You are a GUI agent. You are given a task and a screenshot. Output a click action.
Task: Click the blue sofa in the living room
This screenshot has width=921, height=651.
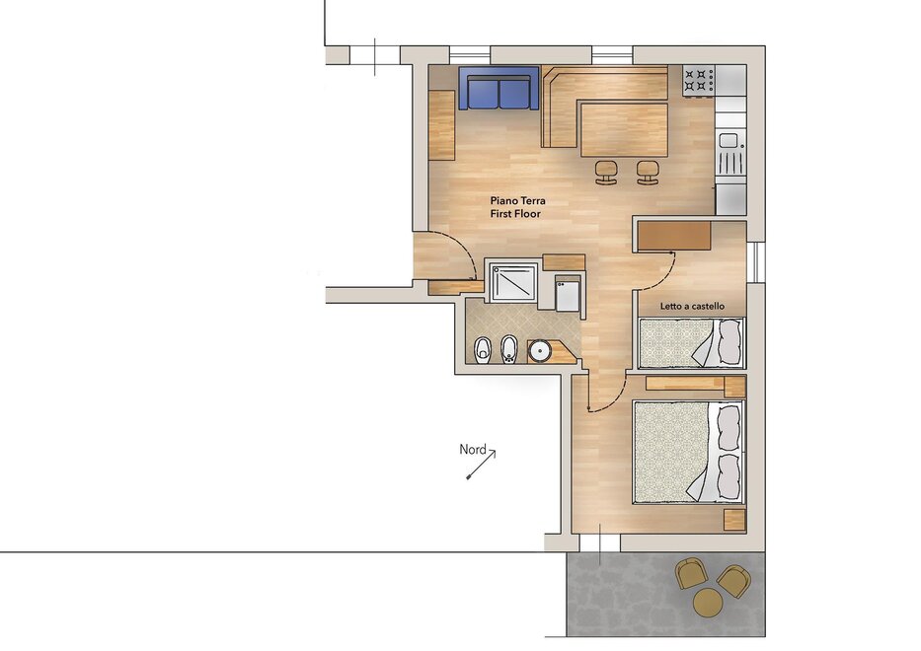[x=499, y=88]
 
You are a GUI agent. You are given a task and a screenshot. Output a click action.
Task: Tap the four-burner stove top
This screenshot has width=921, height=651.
[x=698, y=81]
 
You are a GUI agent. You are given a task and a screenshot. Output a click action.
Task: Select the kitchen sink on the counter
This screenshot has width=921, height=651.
[x=729, y=153]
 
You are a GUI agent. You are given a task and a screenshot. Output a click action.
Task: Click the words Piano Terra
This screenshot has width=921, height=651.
[x=517, y=201]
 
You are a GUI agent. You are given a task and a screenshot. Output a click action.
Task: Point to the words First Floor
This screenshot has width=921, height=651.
[x=515, y=214]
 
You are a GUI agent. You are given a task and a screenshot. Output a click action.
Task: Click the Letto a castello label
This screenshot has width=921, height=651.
[x=692, y=306]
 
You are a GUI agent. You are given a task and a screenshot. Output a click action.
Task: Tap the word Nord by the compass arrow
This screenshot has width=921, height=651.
[x=472, y=450]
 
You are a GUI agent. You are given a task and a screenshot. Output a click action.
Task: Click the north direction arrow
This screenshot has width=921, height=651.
[x=481, y=465]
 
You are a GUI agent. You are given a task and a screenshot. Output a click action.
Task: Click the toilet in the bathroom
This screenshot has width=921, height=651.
[x=483, y=349]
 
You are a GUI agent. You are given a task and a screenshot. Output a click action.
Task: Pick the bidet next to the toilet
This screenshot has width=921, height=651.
[x=508, y=350]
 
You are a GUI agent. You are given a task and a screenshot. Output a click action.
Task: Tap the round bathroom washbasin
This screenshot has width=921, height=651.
[x=539, y=351]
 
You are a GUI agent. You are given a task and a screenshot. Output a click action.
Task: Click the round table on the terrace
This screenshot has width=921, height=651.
[x=707, y=603]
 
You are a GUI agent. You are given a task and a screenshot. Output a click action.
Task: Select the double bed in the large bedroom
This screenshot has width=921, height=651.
[x=688, y=452]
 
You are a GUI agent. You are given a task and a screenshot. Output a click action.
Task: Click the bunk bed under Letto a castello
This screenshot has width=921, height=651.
[x=691, y=343]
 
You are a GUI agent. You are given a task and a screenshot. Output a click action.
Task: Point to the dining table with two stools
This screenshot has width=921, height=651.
[x=624, y=130]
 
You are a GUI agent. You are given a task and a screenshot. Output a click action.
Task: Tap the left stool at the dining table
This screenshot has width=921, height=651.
[x=607, y=173]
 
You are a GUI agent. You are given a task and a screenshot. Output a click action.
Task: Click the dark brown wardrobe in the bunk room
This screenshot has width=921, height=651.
[x=674, y=236]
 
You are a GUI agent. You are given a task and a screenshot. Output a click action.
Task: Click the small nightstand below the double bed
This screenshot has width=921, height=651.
[x=734, y=520]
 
